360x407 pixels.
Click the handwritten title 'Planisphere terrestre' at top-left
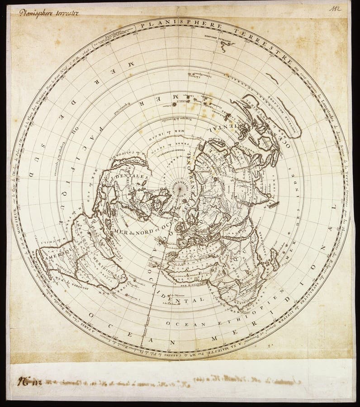49,13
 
